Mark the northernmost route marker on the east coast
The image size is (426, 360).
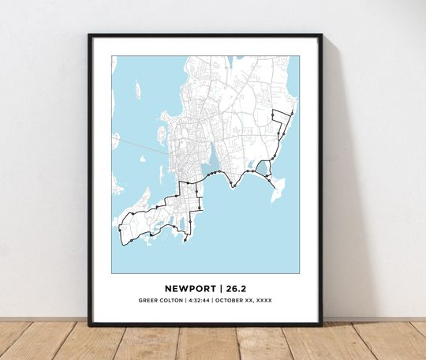(292, 113)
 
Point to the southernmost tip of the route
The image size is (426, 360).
(184, 241)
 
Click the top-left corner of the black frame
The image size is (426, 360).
(90, 36)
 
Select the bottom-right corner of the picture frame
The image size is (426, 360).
(321, 324)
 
